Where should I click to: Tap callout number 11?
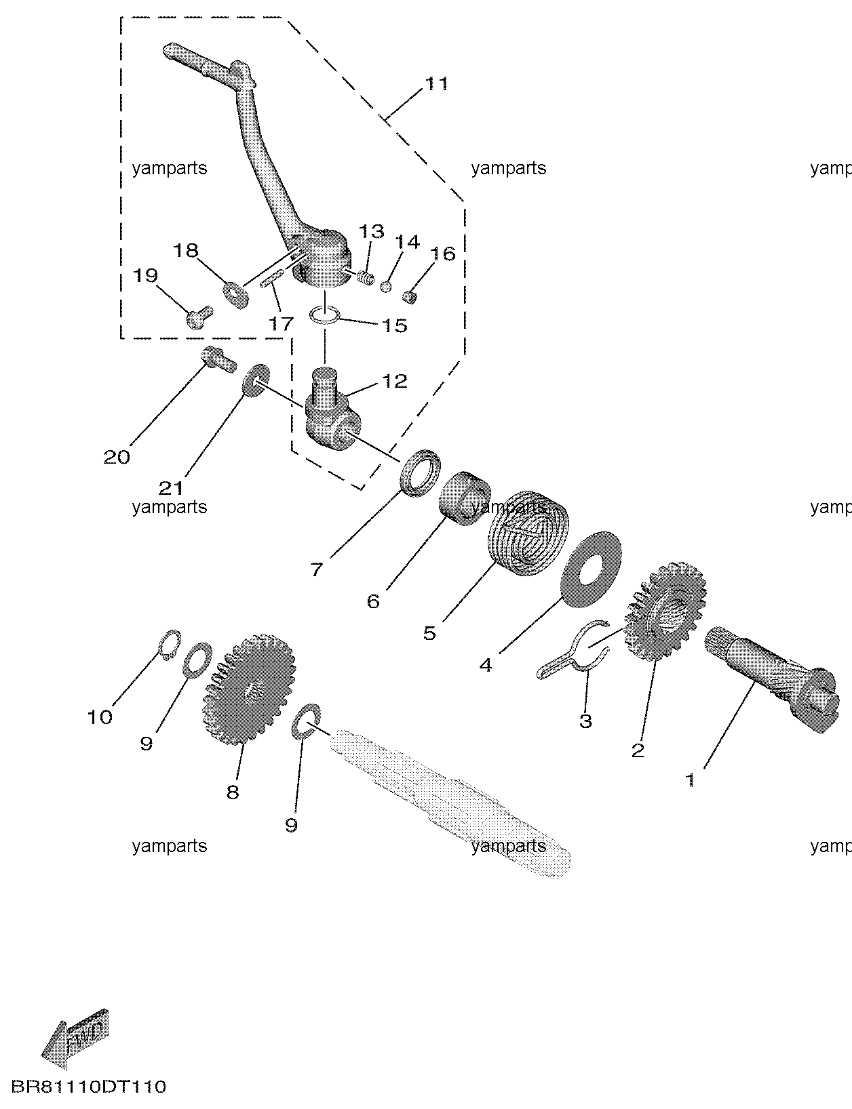click(x=436, y=83)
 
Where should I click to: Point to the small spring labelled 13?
click(x=365, y=278)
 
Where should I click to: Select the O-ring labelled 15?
click(x=325, y=315)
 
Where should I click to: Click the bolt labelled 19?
click(x=197, y=317)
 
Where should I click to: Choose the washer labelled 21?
click(x=254, y=380)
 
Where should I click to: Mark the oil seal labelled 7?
click(x=422, y=472)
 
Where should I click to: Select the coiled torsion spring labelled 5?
click(x=529, y=533)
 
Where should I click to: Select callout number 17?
click(x=281, y=323)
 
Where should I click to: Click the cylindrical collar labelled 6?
click(x=465, y=497)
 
